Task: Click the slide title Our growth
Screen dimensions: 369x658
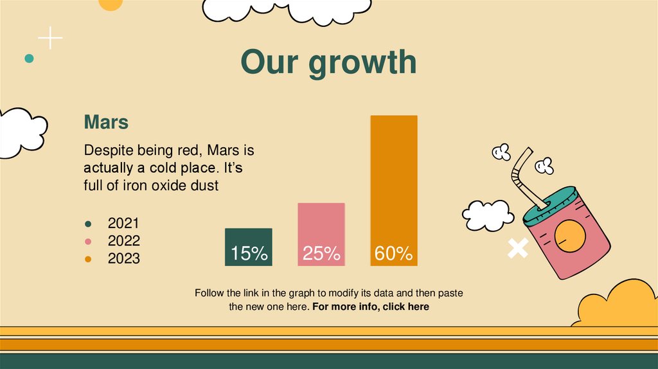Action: click(x=328, y=62)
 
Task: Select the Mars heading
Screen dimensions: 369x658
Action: click(x=106, y=122)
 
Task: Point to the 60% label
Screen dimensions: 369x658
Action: click(x=393, y=254)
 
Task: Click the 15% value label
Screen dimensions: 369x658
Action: click(x=249, y=254)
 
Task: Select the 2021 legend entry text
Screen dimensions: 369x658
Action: click(x=123, y=224)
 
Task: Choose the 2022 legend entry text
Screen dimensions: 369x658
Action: click(x=123, y=241)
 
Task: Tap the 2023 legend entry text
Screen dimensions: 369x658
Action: click(x=123, y=258)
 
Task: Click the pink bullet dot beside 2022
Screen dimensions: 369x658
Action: click(x=88, y=242)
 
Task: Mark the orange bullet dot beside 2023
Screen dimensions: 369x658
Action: click(x=88, y=259)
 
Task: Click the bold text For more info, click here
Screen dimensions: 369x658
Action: click(x=371, y=307)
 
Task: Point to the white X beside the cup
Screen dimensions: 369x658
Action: click(x=517, y=248)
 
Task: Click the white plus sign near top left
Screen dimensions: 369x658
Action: click(x=50, y=39)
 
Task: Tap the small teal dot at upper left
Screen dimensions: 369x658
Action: click(x=29, y=59)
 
